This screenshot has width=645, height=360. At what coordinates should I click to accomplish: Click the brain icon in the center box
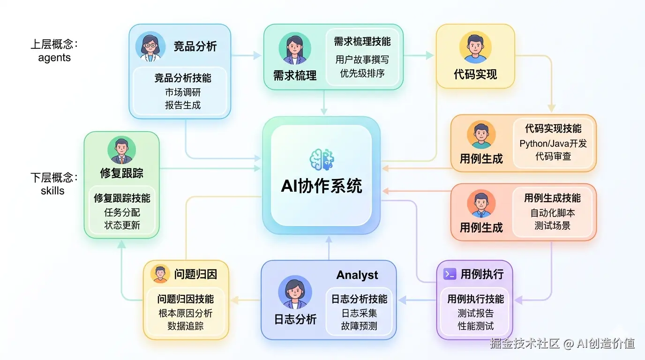322,160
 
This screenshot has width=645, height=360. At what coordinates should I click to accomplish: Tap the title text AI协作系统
322,186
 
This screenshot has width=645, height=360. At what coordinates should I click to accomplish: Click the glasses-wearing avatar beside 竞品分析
150,46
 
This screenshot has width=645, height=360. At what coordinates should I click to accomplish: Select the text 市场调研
183,92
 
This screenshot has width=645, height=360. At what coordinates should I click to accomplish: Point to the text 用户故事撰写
362,60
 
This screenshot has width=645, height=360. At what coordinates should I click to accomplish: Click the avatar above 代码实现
475,48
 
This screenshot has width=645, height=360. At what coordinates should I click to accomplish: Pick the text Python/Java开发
553,143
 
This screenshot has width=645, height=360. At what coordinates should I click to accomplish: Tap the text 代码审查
553,157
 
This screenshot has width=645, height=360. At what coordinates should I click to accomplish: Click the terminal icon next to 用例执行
450,274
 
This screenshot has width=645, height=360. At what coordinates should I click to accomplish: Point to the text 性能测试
475,325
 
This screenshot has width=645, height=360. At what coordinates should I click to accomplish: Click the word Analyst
357,275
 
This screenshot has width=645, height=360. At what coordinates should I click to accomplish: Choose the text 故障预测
359,326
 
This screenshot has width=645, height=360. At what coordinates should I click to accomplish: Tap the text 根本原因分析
186,313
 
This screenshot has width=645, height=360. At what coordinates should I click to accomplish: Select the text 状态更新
122,225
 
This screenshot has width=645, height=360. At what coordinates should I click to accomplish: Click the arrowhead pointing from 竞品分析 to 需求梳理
257,55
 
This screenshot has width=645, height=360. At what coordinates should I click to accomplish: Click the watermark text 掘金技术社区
525,344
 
